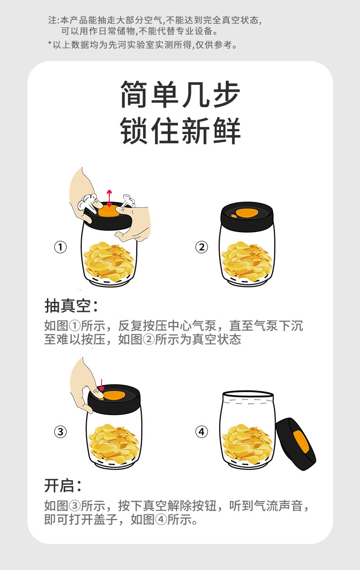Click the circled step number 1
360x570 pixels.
click(61, 247)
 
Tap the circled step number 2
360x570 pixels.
click(201, 247)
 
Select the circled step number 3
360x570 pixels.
click(61, 432)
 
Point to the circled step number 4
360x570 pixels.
click(201, 432)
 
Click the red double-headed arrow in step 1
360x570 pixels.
click(109, 198)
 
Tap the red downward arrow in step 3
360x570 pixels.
click(102, 385)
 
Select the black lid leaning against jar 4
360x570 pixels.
click(296, 444)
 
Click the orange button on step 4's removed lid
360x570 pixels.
click(301, 442)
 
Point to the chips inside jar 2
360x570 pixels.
click(247, 261)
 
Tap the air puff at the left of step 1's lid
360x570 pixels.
click(87, 201)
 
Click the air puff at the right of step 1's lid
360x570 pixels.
click(129, 201)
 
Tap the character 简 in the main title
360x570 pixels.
click(134, 94)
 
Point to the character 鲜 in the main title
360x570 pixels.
click(227, 131)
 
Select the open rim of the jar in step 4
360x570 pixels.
click(248, 394)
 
